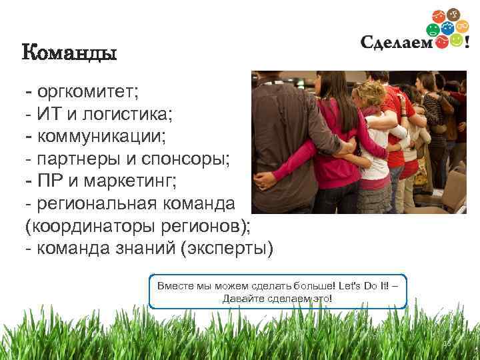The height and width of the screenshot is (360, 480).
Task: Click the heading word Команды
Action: pyautogui.click(x=69, y=52)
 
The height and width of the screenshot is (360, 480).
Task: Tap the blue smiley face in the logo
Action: pyautogui.click(x=447, y=28)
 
